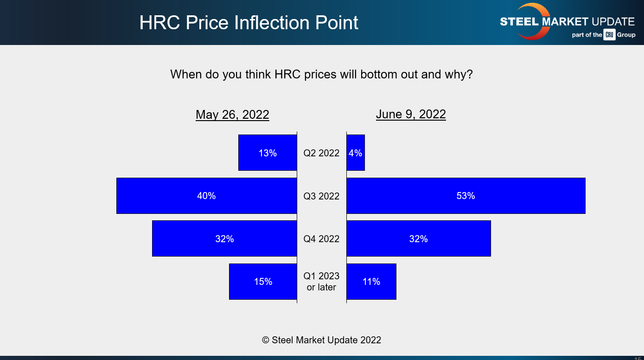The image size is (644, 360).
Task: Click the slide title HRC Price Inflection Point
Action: point(249,23)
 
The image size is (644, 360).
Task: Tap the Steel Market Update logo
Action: point(567,22)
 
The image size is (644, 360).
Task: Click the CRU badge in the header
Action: point(609,35)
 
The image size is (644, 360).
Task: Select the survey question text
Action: point(321,74)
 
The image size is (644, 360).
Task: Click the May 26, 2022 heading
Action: point(232,115)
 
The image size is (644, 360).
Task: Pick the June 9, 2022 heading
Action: point(410,114)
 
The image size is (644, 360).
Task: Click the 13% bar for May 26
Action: point(268,153)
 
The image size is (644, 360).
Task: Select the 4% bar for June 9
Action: point(356,153)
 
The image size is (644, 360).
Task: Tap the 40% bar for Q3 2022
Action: point(206,196)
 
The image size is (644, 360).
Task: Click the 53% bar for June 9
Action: point(465,196)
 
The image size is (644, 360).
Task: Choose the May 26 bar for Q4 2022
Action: point(224,238)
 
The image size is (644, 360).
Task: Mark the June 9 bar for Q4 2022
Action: point(418,238)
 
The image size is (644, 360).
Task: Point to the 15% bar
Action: point(263,282)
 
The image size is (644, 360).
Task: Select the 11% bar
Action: point(371,282)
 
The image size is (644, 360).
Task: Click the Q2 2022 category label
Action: point(321,153)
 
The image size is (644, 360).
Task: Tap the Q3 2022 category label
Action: point(321,196)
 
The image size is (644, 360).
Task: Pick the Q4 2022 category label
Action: point(321,239)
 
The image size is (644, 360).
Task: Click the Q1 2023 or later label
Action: point(321,282)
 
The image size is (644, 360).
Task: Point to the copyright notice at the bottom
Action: point(321,340)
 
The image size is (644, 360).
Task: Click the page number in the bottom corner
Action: point(638,358)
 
